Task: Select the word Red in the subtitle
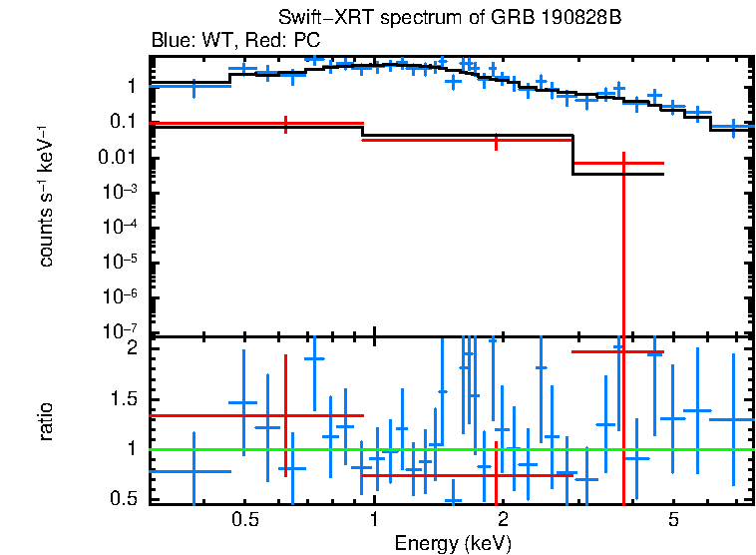point(262,41)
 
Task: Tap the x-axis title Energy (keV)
point(453,543)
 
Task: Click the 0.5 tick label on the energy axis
point(245,520)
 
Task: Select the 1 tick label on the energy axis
point(374,520)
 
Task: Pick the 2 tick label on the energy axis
point(503,520)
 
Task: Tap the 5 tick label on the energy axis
point(673,520)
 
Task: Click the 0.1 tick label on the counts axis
point(122,122)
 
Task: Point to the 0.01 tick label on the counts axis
point(117,158)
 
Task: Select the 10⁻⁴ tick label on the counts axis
point(120,228)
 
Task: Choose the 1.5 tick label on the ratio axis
point(124,399)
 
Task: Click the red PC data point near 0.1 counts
point(286,124)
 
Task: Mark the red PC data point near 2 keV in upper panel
point(496,141)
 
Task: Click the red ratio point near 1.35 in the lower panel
point(286,415)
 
